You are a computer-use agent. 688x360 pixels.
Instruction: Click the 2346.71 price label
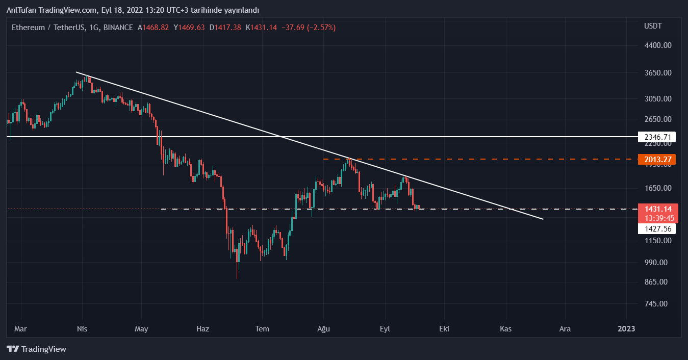click(x=657, y=137)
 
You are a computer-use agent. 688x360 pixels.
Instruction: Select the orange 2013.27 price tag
click(x=657, y=159)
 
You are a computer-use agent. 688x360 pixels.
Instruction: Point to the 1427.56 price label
click(x=657, y=229)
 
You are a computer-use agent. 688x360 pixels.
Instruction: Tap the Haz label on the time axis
click(x=203, y=329)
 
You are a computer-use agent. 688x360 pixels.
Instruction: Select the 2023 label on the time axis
click(x=626, y=329)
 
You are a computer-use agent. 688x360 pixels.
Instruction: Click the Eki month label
click(x=444, y=329)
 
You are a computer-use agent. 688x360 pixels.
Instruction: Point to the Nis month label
click(x=82, y=329)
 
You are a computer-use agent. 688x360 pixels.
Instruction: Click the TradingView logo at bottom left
click(x=37, y=349)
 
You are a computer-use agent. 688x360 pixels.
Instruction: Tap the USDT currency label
click(x=653, y=26)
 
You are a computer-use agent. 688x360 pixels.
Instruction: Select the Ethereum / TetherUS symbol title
click(x=48, y=28)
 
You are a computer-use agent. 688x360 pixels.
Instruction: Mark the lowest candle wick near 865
click(x=237, y=278)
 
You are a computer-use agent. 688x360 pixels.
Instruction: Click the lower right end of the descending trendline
click(x=543, y=219)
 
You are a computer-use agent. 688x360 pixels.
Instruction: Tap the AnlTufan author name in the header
click(x=23, y=10)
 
